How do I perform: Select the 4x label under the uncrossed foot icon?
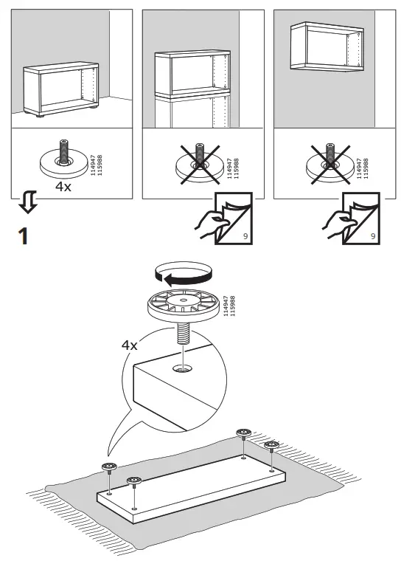(64, 187)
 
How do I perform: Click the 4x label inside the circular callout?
(130, 344)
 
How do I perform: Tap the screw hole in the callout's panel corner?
(182, 366)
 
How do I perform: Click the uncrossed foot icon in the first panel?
(64, 158)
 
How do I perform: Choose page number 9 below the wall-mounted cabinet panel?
(372, 237)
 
